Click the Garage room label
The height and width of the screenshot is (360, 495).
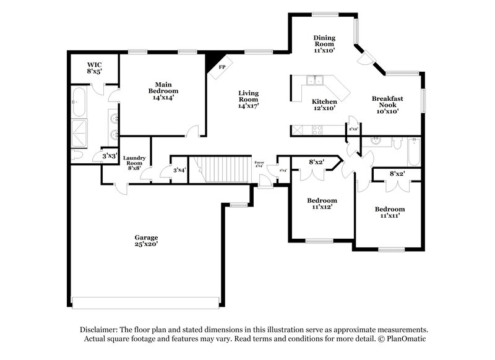147,241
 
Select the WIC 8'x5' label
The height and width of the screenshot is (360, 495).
94,67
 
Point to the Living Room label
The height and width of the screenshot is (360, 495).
248,100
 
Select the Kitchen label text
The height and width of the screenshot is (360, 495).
324,105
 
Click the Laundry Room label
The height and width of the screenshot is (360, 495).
134,163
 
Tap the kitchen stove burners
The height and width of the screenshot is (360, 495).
316,130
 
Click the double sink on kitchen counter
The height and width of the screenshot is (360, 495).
316,80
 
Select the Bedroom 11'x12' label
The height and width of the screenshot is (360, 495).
322,204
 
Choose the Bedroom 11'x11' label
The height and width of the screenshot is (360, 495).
390,212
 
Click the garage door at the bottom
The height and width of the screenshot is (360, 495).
145,302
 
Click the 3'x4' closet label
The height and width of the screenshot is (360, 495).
179,169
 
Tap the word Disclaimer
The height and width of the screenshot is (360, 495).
100,330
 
